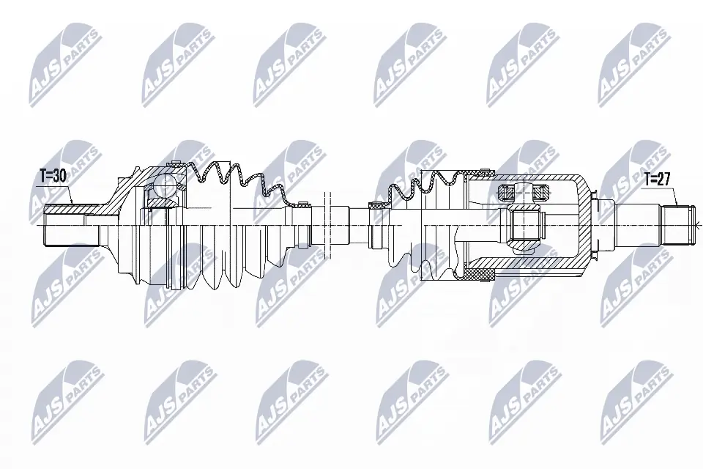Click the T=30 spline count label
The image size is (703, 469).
53,176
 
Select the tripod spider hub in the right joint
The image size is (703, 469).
525,226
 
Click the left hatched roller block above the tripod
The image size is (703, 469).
507,193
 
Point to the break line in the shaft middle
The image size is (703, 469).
327,220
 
